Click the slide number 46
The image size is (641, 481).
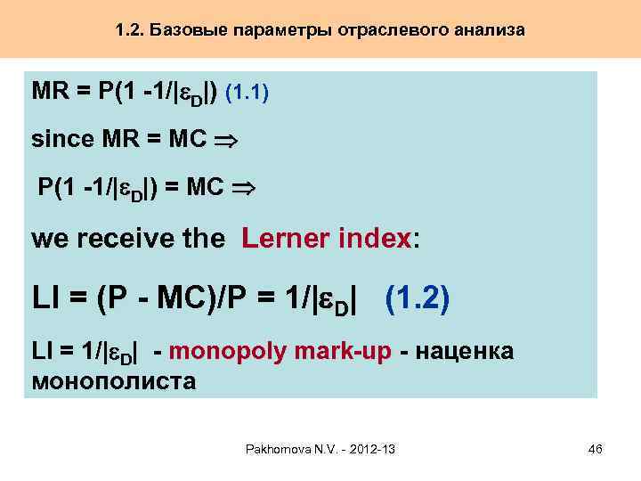(596, 449)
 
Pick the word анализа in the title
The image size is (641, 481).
(488, 30)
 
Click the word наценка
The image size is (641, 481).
(467, 352)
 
